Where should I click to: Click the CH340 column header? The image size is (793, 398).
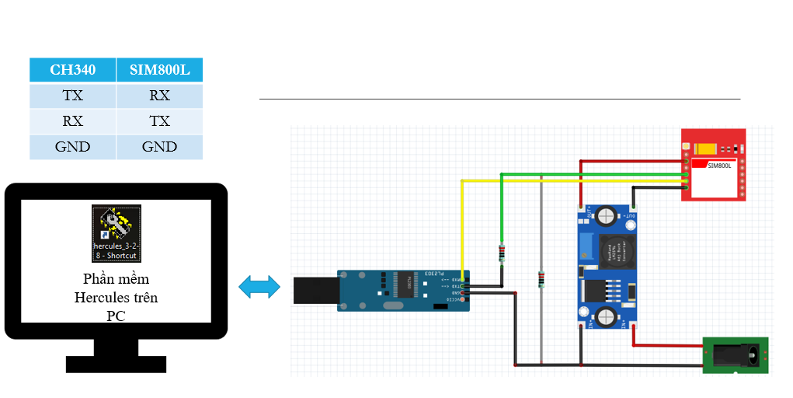tap(73, 70)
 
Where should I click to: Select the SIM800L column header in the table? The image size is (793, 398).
tap(159, 70)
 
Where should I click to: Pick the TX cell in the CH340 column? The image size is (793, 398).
tap(72, 96)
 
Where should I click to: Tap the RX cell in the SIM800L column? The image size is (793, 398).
tap(159, 96)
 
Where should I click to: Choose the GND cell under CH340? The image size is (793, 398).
tap(72, 147)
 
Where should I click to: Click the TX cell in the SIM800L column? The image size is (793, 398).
tap(159, 121)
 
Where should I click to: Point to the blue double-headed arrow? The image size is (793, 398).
tap(259, 287)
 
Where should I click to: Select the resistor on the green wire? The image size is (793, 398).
tap(502, 252)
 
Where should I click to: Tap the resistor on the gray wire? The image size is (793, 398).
tap(541, 278)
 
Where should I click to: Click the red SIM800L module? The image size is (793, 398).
tap(713, 165)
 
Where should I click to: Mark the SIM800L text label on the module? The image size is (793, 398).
tap(721, 165)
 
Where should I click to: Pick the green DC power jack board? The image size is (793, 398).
tap(735, 354)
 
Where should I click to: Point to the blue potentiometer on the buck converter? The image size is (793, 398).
tap(584, 246)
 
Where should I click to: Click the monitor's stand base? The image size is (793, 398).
tap(116, 364)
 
